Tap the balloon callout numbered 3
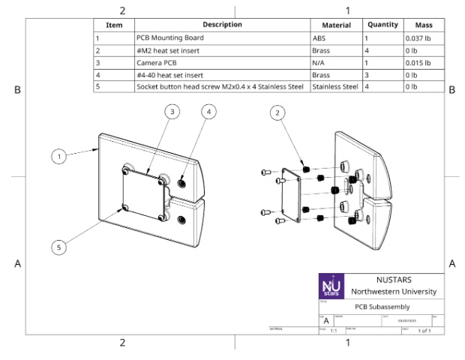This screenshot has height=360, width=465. tap(172, 112)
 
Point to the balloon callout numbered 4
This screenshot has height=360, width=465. tap(209, 112)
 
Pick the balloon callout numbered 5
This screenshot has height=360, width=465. tap(58, 245)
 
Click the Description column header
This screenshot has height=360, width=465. tap(221, 25)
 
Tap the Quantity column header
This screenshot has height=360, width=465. tap(382, 25)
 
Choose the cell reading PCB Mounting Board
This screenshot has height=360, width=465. tap(168, 37)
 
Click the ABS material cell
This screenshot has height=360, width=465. tap(319, 37)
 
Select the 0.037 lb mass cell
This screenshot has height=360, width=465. tap(418, 37)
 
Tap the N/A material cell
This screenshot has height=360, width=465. tap(319, 62)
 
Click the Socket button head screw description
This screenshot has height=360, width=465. tap(220, 87)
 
